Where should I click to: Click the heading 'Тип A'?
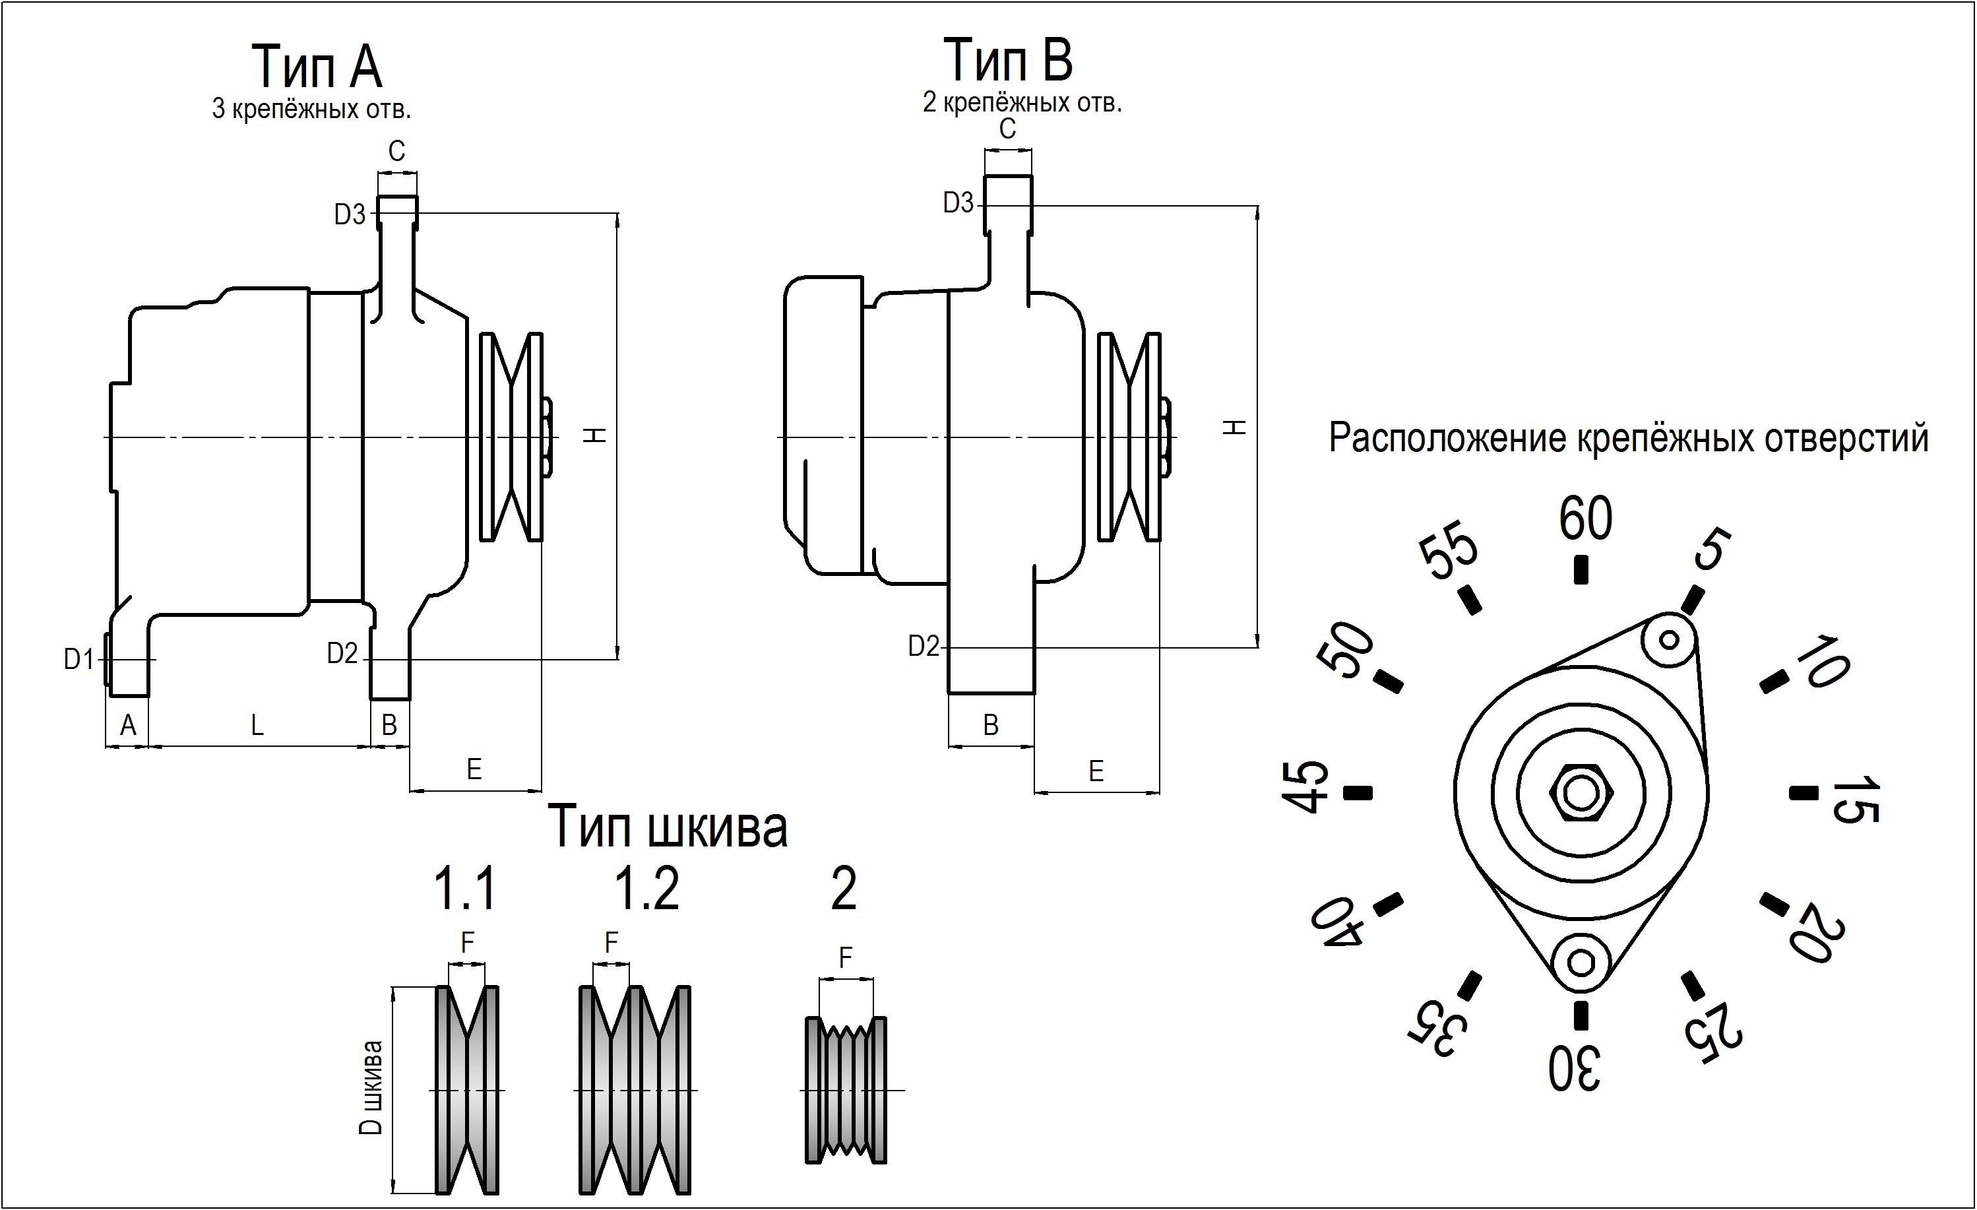click(x=317, y=66)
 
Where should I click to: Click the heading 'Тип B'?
click(x=1008, y=59)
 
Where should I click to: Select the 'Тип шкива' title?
click(x=668, y=827)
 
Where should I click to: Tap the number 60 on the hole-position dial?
click(x=1585, y=519)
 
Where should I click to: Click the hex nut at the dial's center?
click(x=1581, y=794)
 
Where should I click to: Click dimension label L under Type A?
click(x=257, y=725)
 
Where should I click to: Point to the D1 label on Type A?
click(x=78, y=660)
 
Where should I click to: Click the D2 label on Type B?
click(x=923, y=646)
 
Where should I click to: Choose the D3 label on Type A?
click(x=350, y=214)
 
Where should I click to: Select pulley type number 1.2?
click(x=646, y=888)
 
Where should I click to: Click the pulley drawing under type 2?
click(x=846, y=1090)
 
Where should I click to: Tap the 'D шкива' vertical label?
click(x=371, y=1087)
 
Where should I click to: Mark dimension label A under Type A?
click(x=127, y=725)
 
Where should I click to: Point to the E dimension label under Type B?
click(x=1095, y=771)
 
